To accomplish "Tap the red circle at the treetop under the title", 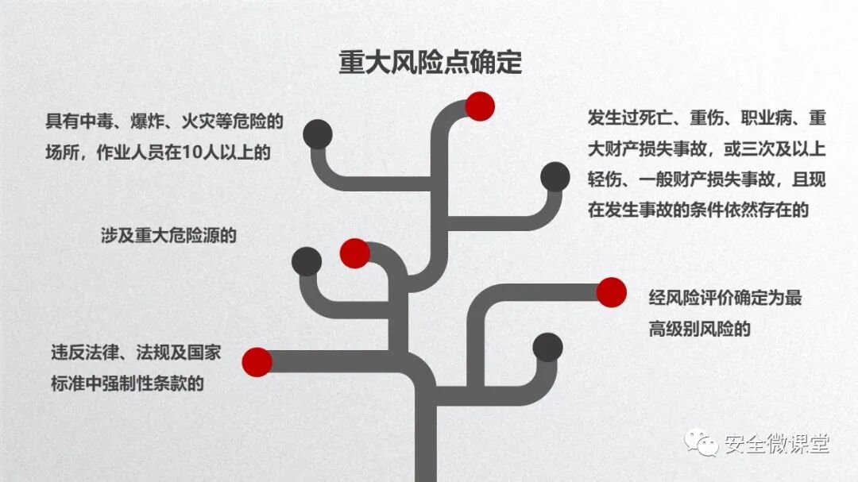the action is tap(480, 106).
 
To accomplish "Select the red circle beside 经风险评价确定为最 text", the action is tap(611, 291).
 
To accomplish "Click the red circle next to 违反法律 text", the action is tap(257, 362).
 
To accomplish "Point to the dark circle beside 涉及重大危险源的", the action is tap(307, 261).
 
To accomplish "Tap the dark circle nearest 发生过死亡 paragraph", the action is tap(555, 176).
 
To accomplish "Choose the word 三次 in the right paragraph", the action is tap(746, 150).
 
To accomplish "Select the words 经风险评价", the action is tap(687, 299).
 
